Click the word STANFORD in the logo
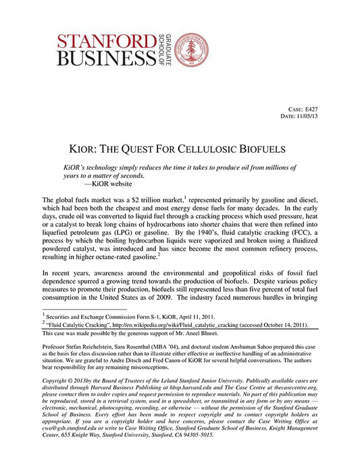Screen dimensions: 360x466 pyautogui.click(x=103, y=38)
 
